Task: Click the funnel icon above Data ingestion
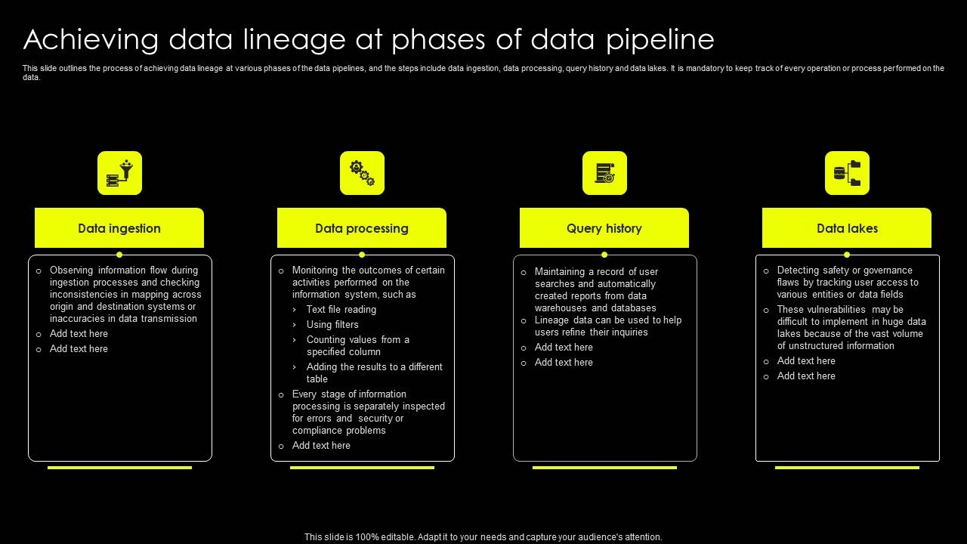(x=119, y=173)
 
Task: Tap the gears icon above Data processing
(x=362, y=173)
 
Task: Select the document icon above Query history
(x=605, y=173)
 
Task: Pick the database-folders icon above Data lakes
(x=847, y=173)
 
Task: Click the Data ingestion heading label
(x=119, y=228)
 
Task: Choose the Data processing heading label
(x=362, y=228)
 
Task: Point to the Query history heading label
(x=604, y=228)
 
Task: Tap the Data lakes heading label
(x=847, y=228)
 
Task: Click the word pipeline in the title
(x=660, y=40)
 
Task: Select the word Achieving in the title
(x=91, y=40)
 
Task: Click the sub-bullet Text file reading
(x=341, y=310)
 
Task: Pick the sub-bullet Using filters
(x=332, y=325)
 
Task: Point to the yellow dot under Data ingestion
(x=119, y=255)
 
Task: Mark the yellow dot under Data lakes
(x=847, y=255)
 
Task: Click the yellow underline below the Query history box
(x=604, y=468)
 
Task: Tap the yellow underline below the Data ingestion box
(x=119, y=468)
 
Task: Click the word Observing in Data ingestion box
(x=71, y=270)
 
